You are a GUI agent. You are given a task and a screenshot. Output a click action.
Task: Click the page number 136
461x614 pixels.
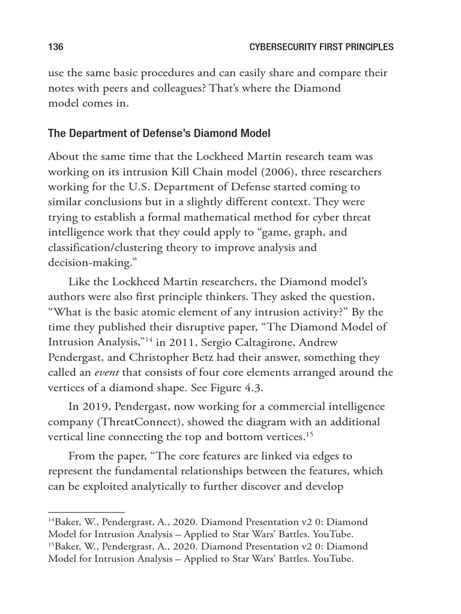[x=56, y=47]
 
